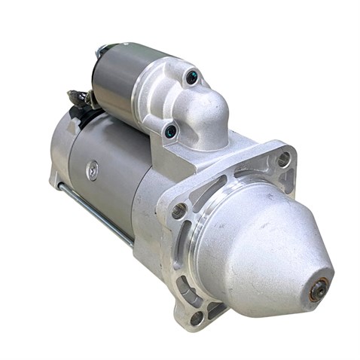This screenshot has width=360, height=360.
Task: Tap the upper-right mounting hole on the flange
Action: pyautogui.click(x=283, y=159)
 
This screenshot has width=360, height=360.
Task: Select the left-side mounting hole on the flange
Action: pyautogui.click(x=178, y=211)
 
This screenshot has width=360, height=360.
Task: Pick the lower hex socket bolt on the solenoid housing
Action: pyautogui.click(x=171, y=132)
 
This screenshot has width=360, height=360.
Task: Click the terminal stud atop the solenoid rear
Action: pyautogui.click(x=100, y=52)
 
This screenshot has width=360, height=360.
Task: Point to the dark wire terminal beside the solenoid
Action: pyautogui.click(x=78, y=98)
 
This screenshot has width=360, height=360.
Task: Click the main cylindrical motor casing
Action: pyautogui.click(x=113, y=181)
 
